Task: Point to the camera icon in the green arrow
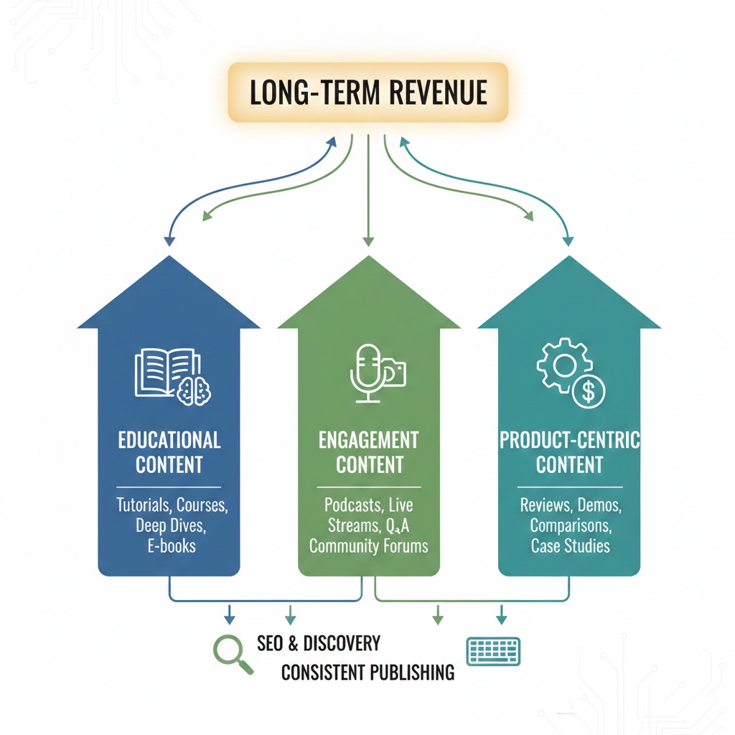click(x=394, y=372)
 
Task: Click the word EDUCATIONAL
click(x=169, y=439)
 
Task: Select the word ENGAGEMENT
click(x=368, y=439)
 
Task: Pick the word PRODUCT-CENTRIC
click(x=569, y=439)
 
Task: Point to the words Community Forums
click(x=368, y=546)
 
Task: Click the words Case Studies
click(x=570, y=546)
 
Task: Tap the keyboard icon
click(x=493, y=651)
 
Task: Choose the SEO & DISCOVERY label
click(x=319, y=642)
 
